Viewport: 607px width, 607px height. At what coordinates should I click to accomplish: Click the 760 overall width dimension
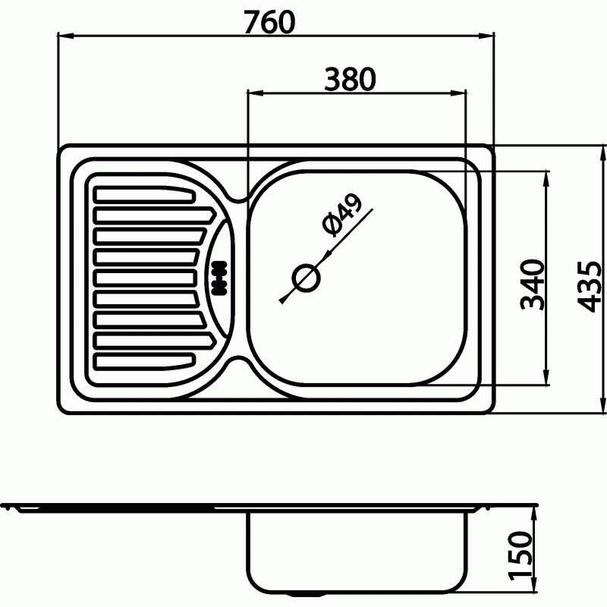[x=269, y=22]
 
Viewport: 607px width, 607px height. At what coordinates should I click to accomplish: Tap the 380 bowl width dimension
[x=350, y=80]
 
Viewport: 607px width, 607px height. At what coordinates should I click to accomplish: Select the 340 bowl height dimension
[x=533, y=285]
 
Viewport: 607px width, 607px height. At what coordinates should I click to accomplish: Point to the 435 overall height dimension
[x=590, y=287]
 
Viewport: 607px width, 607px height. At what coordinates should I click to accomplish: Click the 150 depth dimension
[x=521, y=557]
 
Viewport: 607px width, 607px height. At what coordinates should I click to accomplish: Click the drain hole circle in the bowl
[x=306, y=278]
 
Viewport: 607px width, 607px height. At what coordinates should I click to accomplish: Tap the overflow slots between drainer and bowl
[x=219, y=278]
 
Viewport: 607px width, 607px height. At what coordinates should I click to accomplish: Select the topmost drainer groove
[x=144, y=194]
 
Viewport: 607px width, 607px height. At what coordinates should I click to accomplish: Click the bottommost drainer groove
[x=143, y=360]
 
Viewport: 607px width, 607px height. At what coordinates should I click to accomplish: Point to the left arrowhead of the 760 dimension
[x=65, y=36]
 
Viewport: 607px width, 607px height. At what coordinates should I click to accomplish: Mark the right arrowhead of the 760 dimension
[x=486, y=36]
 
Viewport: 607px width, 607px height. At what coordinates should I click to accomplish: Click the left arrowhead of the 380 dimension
[x=255, y=93]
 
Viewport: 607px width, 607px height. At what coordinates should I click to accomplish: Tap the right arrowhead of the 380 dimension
[x=458, y=93]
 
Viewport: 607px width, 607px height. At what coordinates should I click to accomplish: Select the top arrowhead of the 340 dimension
[x=546, y=179]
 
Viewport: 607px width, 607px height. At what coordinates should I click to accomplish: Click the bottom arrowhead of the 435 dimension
[x=603, y=404]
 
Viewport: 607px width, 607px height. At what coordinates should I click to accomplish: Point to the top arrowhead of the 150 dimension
[x=535, y=515]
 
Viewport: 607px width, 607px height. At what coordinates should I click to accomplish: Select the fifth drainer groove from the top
[x=145, y=278]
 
